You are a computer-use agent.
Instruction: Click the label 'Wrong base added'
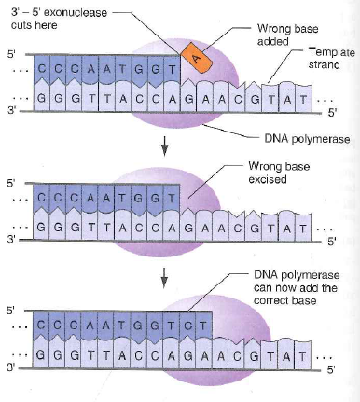tap(281, 35)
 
